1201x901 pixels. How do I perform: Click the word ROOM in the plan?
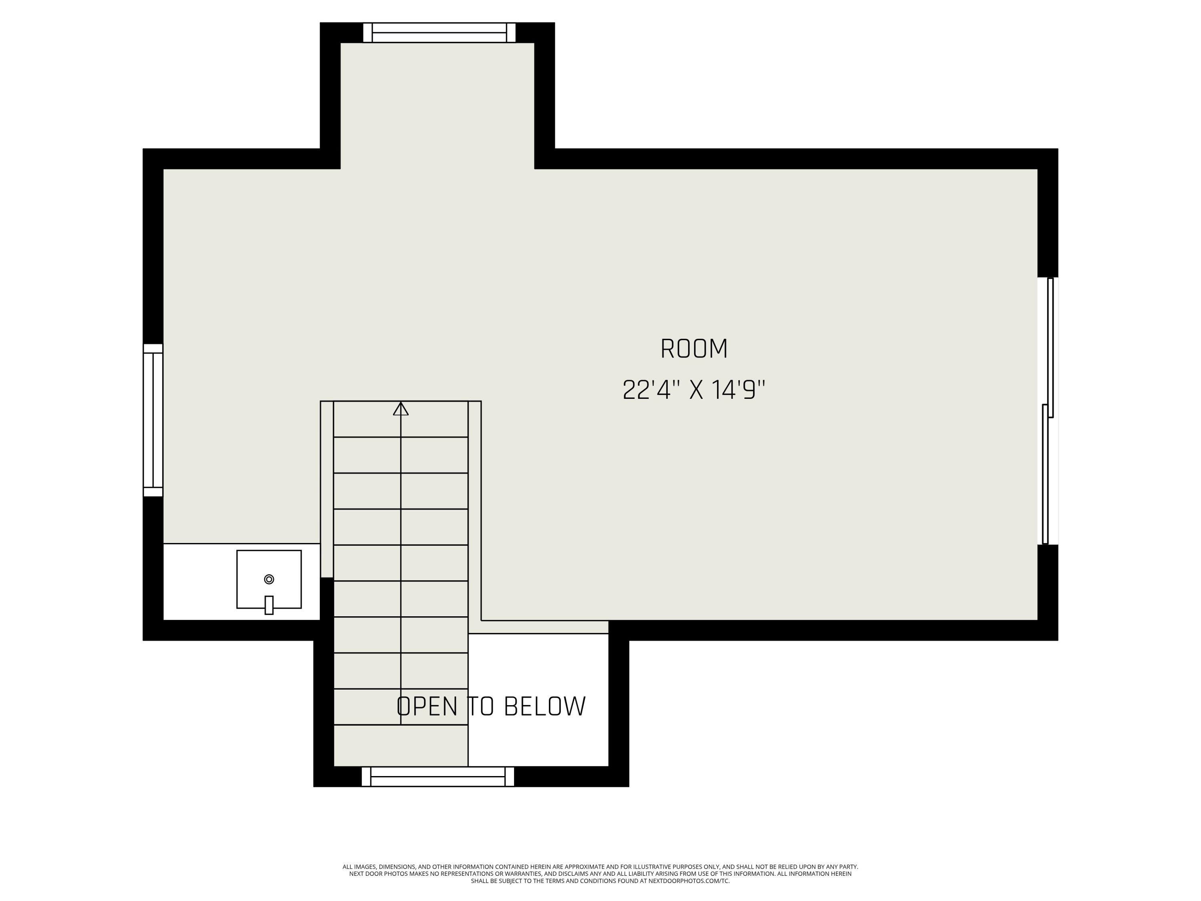(x=693, y=349)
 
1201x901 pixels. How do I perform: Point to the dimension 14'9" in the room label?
(x=738, y=390)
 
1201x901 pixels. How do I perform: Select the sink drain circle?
(x=269, y=579)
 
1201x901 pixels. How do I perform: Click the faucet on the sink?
(x=269, y=605)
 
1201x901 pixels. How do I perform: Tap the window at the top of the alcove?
(x=439, y=32)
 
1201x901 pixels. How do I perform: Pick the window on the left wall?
(x=153, y=420)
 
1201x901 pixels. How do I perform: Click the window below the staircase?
(x=438, y=776)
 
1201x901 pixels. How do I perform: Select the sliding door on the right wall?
(x=1048, y=411)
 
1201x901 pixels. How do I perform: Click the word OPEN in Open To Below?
(x=427, y=706)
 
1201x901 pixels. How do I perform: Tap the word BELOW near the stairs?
(x=544, y=706)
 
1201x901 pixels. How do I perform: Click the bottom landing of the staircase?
(x=401, y=745)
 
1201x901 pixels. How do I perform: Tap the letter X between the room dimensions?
(x=696, y=390)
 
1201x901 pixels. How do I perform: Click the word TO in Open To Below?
(x=480, y=706)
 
